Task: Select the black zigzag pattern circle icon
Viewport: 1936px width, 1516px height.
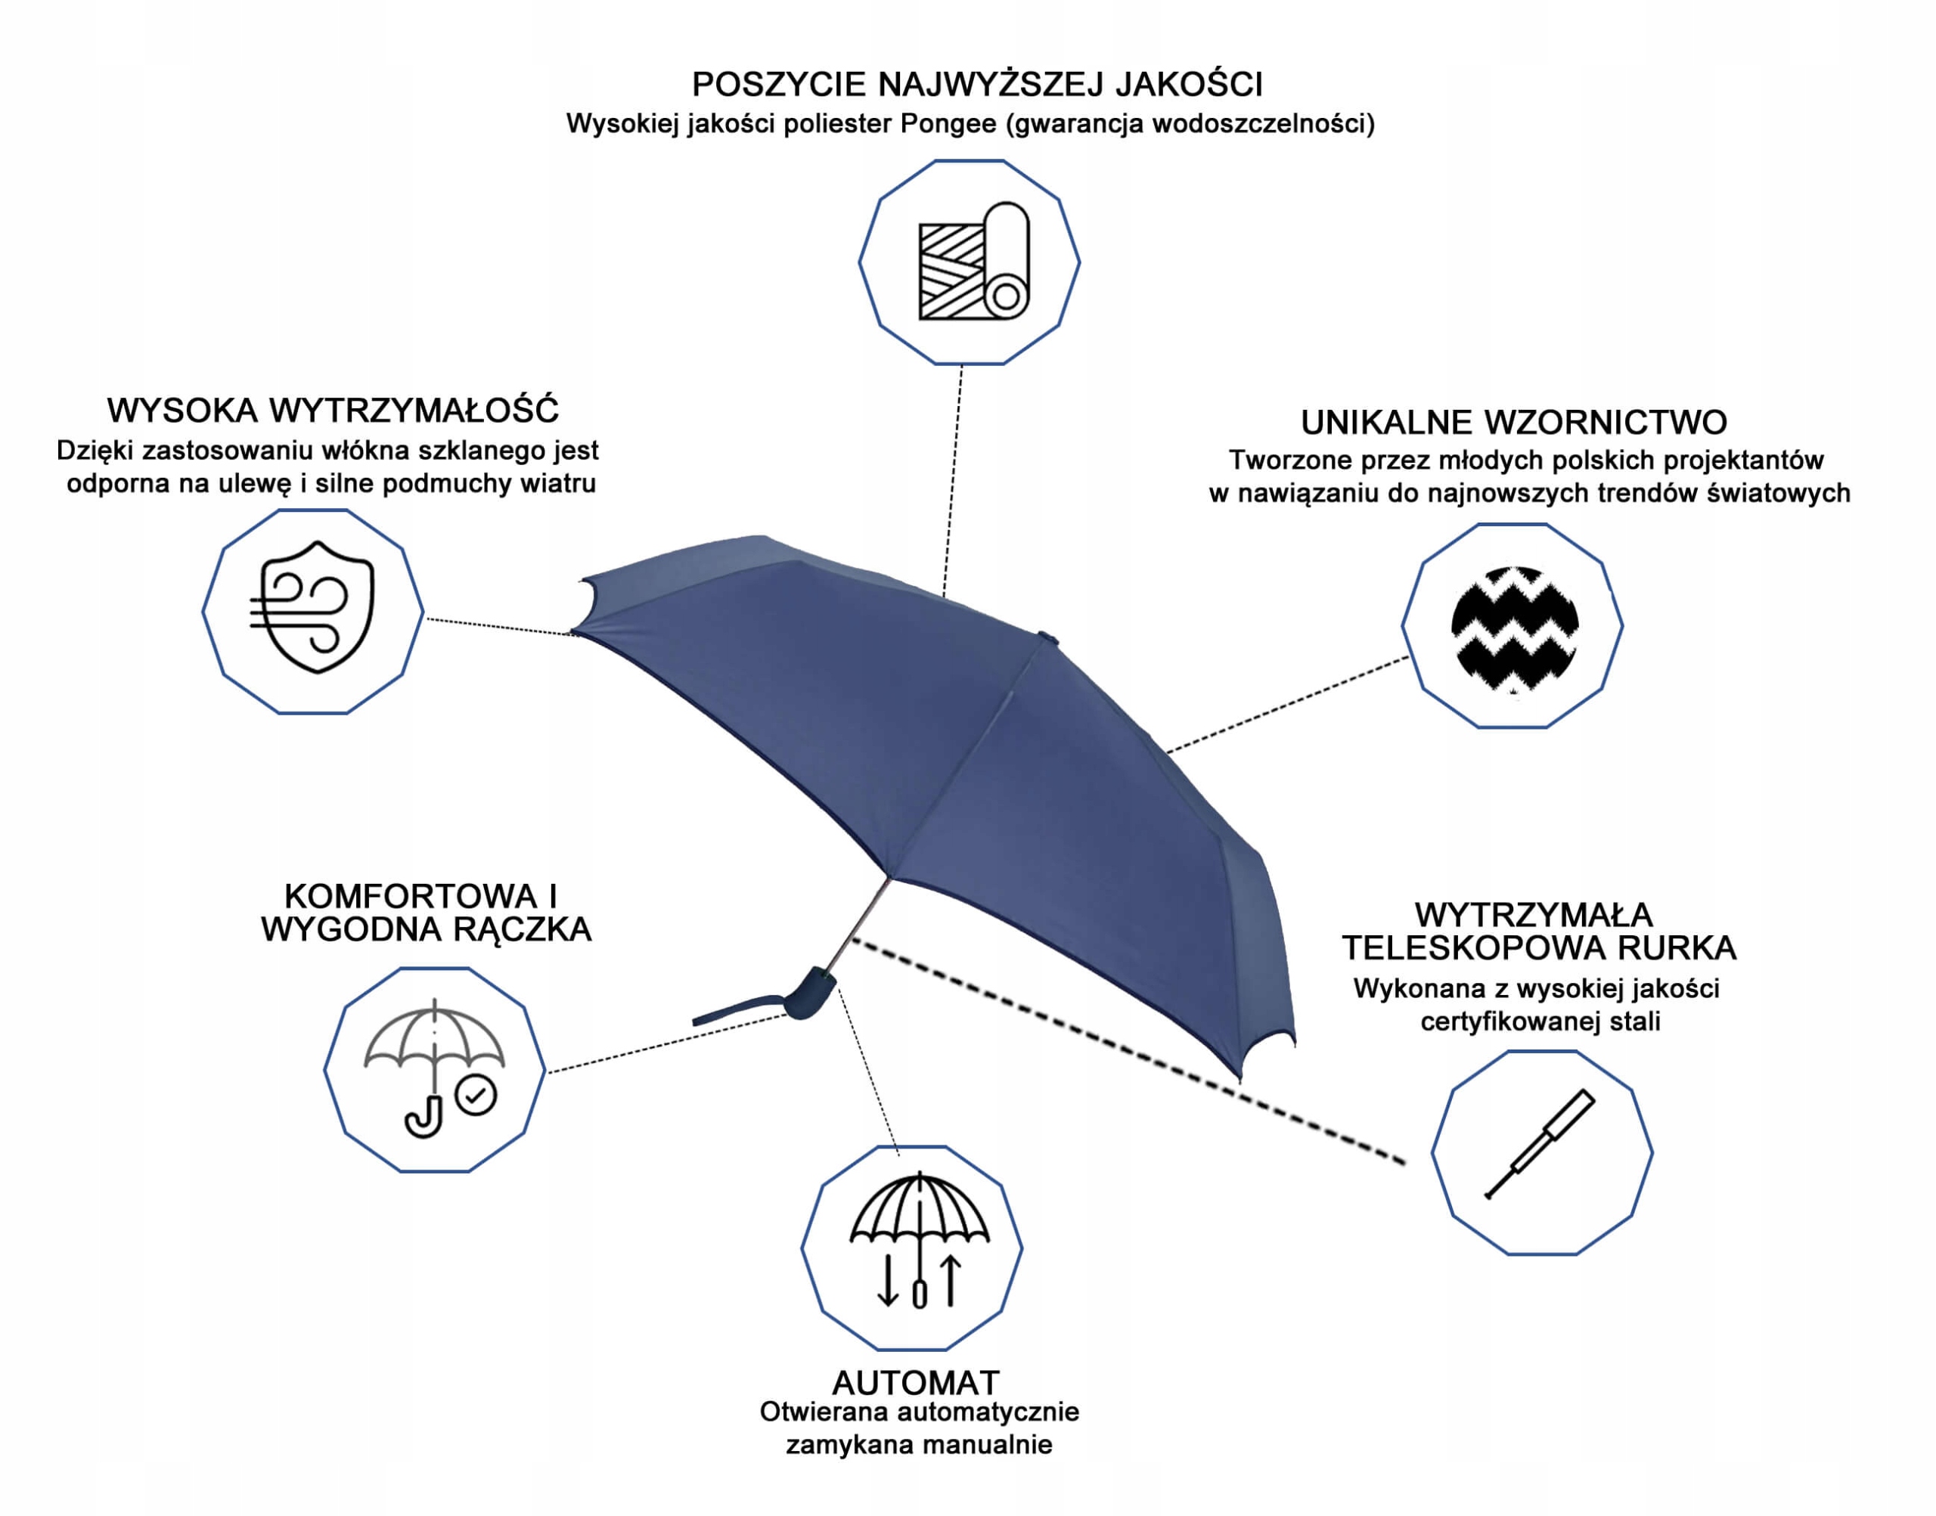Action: click(x=1513, y=628)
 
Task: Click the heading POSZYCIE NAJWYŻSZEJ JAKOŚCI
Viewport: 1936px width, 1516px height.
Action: click(x=976, y=85)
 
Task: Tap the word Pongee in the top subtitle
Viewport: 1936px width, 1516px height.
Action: click(x=948, y=123)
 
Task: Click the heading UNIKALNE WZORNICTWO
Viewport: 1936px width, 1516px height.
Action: click(x=1513, y=423)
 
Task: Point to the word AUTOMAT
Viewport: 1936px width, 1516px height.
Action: click(x=915, y=1383)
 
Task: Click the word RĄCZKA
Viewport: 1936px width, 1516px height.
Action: click(x=522, y=930)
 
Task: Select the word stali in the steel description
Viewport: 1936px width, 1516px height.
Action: click(x=1636, y=1022)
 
